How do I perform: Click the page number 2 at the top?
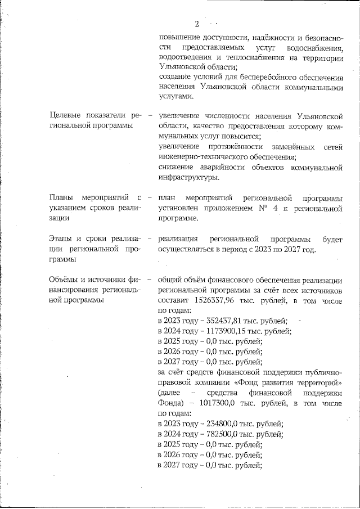(197, 24)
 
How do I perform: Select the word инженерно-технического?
(202, 157)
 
